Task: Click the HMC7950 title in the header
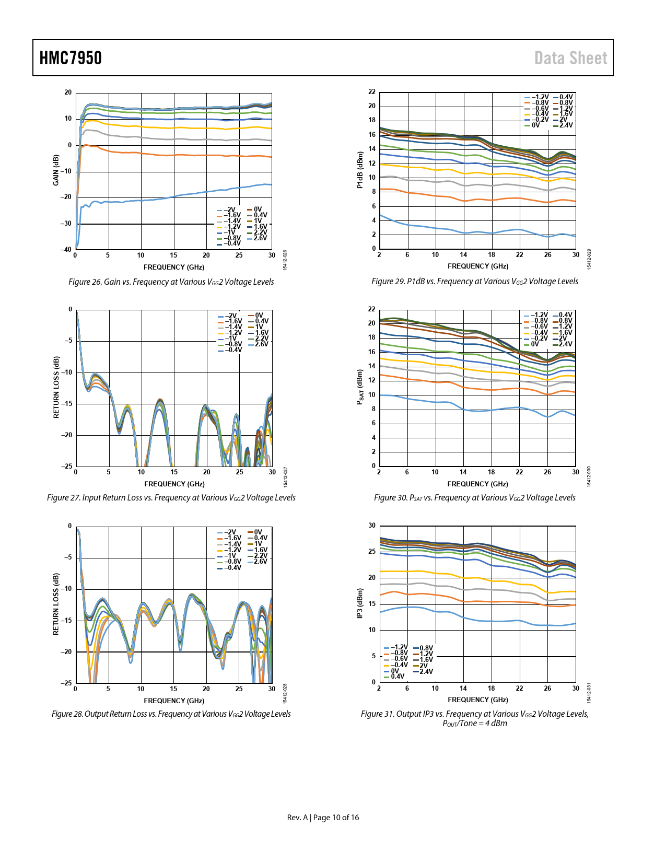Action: (x=71, y=58)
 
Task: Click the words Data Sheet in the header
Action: (x=570, y=58)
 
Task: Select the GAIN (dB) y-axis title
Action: (x=56, y=170)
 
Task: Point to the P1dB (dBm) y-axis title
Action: (x=359, y=170)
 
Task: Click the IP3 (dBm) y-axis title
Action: (x=359, y=603)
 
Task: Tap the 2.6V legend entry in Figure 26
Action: (x=260, y=238)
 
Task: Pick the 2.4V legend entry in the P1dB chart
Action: (x=566, y=125)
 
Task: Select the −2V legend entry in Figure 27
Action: (x=230, y=316)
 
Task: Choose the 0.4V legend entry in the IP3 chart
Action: (x=398, y=677)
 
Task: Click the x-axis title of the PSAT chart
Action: (x=477, y=484)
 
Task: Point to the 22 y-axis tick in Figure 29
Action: (x=372, y=92)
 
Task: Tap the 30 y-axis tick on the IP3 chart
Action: (x=372, y=526)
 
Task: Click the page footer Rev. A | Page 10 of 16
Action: (x=323, y=818)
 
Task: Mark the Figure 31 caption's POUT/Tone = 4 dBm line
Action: (x=474, y=724)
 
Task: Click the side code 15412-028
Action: (x=285, y=693)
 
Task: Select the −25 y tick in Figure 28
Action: (x=66, y=683)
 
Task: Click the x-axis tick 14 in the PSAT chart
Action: (x=463, y=472)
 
